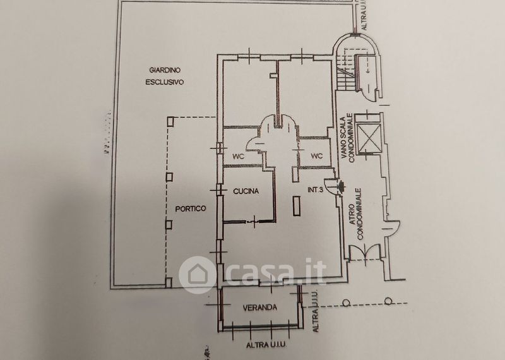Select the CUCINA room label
247,191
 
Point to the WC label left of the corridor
239,155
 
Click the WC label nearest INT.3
316,155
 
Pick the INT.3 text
318,189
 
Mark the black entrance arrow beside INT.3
342,186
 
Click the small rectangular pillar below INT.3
297,206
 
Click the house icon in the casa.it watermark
194,273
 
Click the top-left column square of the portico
169,119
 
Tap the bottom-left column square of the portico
169,284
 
